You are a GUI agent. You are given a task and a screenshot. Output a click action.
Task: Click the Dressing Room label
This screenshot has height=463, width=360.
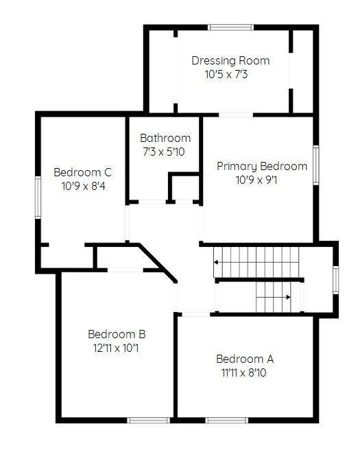pos(230,60)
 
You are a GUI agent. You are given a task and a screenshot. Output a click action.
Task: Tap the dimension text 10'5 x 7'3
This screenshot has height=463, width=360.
pos(226,74)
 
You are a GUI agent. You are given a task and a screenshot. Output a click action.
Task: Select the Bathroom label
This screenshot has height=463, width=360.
pos(165,138)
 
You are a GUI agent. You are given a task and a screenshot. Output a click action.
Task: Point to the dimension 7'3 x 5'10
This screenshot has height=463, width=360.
pos(164,152)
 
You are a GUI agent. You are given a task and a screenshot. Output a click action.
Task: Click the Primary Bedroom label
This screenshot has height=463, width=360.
pos(262,166)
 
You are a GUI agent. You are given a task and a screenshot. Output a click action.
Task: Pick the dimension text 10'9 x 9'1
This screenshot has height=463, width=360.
pos(256,180)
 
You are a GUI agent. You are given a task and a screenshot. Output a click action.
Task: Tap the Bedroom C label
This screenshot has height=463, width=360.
pos(82,172)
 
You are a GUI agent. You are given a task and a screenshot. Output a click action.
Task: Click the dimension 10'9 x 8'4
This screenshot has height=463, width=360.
pos(84,187)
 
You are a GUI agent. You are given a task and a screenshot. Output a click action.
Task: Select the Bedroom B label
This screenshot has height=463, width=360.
pos(117,334)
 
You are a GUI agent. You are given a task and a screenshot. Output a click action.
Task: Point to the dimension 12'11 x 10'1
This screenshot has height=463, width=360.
pos(116,348)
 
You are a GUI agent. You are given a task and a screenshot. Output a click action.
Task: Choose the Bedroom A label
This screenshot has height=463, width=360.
pos(245,359)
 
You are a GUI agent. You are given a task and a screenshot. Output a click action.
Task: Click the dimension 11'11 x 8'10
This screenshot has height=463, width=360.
pos(243,372)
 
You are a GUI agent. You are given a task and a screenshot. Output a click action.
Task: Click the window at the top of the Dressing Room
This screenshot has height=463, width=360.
pos(231,27)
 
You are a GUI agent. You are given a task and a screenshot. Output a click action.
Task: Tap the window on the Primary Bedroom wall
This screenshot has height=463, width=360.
pos(316,165)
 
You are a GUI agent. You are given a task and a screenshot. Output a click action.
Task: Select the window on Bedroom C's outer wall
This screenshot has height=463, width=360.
pos(38,198)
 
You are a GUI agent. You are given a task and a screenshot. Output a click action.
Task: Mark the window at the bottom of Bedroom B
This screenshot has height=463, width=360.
pos(149,420)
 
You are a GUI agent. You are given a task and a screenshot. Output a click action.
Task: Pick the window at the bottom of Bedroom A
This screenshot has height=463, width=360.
pos(227,420)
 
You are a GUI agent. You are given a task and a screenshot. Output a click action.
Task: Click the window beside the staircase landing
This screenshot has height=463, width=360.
pos(336,280)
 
